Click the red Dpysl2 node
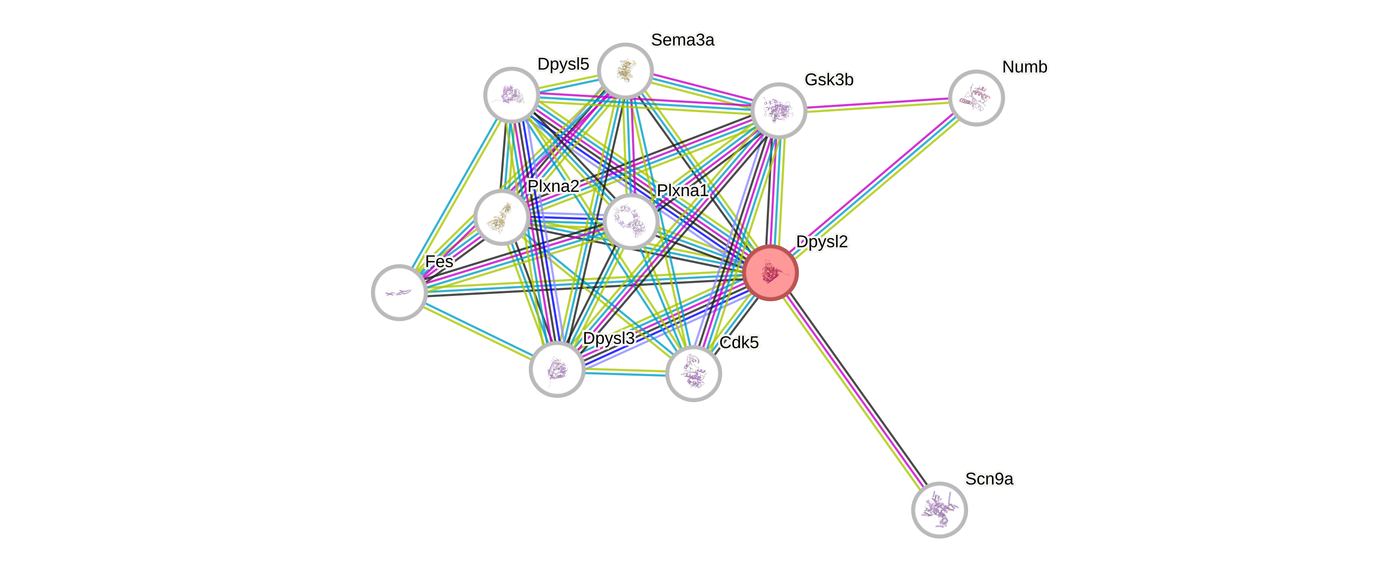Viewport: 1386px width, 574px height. pos(771,273)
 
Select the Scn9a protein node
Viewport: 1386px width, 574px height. pos(939,510)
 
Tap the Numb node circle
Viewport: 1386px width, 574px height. pos(976,98)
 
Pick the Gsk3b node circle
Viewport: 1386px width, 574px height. pos(779,110)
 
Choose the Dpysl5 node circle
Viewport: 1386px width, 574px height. pos(511,95)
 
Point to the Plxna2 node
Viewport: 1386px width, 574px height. pos(502,217)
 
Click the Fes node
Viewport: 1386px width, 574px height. pos(399,292)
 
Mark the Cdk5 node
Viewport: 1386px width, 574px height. pos(693,373)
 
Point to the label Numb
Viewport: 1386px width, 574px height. pos(1024,67)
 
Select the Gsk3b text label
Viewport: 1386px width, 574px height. pos(829,80)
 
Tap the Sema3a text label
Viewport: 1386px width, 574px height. pos(683,40)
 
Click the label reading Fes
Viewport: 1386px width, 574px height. pos(439,261)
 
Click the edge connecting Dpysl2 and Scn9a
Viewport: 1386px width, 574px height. pos(855,391)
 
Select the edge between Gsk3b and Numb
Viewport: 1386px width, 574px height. pos(877,104)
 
